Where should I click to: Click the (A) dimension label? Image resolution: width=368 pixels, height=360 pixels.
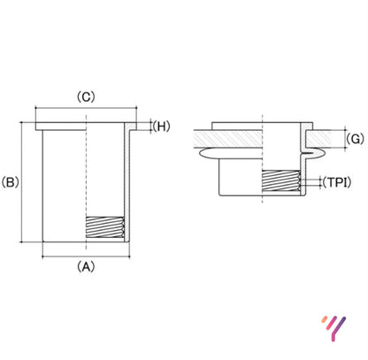pyautogui.click(x=85, y=264)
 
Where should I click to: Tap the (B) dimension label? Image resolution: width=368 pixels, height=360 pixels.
pyautogui.click(x=11, y=183)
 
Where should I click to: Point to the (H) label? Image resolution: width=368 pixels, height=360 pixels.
pyautogui.click(x=161, y=126)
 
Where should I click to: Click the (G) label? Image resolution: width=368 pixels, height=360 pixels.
pyautogui.click(x=355, y=139)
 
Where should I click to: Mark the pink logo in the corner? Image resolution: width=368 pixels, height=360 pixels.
pyautogui.click(x=333, y=328)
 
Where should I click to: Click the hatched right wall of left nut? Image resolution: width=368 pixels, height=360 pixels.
pyautogui.click(x=126, y=186)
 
